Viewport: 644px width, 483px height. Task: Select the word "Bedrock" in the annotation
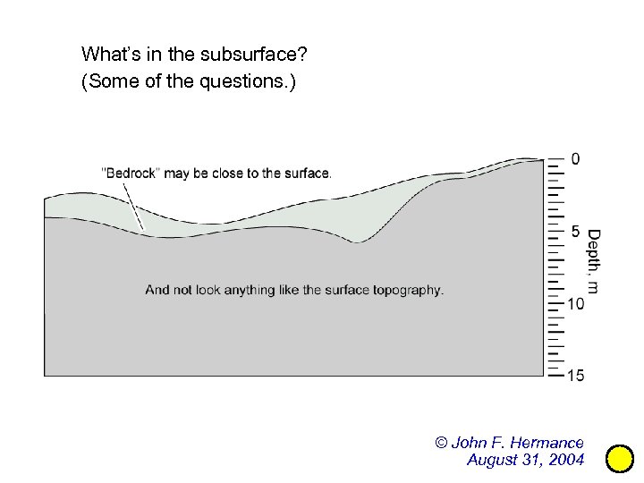131,173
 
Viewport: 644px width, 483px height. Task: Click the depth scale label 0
575,159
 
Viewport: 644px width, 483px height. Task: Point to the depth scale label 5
575,232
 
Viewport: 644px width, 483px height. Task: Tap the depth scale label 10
576,304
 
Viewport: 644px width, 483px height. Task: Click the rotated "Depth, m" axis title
593,261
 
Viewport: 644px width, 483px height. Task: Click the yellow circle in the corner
620,459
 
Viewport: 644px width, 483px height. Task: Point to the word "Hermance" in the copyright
547,443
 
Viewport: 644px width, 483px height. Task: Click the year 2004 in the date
566,460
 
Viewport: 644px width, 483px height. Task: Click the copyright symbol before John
441,443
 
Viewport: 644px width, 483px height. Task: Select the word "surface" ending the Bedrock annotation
307,173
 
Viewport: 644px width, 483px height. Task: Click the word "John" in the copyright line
469,443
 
